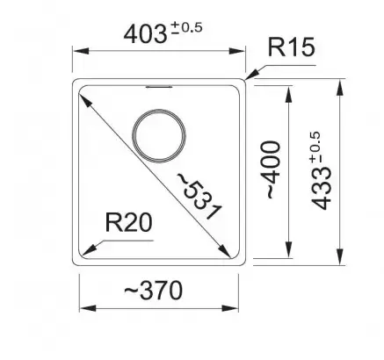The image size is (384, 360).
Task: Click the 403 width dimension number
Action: [145, 34]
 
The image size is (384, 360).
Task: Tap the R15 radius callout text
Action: [292, 47]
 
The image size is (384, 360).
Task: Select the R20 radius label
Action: [128, 223]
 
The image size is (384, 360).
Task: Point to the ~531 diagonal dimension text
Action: [199, 196]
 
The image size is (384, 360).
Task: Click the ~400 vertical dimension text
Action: [272, 170]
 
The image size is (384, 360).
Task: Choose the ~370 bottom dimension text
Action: [153, 291]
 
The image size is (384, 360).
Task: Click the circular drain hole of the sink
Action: [159, 136]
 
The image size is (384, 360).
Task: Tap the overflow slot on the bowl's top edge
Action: [159, 87]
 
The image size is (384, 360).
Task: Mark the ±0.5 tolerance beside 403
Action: [187, 28]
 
